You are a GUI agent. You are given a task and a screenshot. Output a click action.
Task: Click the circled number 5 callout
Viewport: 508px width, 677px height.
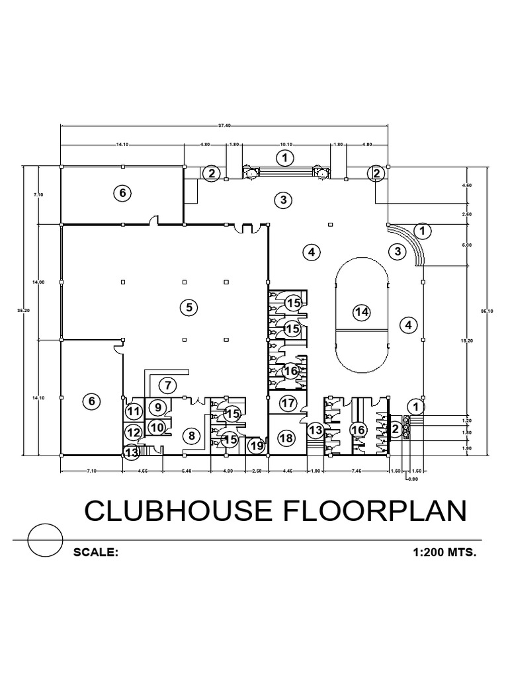189,307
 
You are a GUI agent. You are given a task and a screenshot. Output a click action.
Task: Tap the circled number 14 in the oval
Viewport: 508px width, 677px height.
360,312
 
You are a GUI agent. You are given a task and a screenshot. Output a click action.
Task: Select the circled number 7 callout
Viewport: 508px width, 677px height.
167,385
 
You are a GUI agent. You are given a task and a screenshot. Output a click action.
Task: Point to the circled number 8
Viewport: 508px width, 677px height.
191,436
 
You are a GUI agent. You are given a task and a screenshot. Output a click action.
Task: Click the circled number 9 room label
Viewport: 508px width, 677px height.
159,407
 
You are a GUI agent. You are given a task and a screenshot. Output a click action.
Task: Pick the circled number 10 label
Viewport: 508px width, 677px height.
156,428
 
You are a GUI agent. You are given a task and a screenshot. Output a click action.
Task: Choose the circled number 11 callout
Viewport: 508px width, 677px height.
134,412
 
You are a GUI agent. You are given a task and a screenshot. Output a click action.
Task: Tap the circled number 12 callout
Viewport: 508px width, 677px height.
134,433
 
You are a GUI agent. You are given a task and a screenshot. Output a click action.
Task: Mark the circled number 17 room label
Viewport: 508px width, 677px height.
287,403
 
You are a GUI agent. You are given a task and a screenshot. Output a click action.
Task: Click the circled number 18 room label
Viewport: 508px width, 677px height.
286,438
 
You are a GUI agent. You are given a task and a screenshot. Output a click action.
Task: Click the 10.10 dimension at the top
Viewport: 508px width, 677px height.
286,144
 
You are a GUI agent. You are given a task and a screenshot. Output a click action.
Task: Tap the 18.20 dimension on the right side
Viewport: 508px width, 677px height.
467,340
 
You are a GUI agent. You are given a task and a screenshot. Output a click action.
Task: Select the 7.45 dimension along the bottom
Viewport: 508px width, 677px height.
357,471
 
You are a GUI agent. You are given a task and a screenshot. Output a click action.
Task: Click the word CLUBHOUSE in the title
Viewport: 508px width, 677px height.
165,513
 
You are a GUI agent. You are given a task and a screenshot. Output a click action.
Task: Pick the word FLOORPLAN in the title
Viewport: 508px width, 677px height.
357,513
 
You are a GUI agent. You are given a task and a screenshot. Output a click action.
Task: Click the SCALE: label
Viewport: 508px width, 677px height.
96,551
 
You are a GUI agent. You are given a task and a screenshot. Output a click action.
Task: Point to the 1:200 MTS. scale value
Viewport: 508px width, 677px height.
443,551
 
